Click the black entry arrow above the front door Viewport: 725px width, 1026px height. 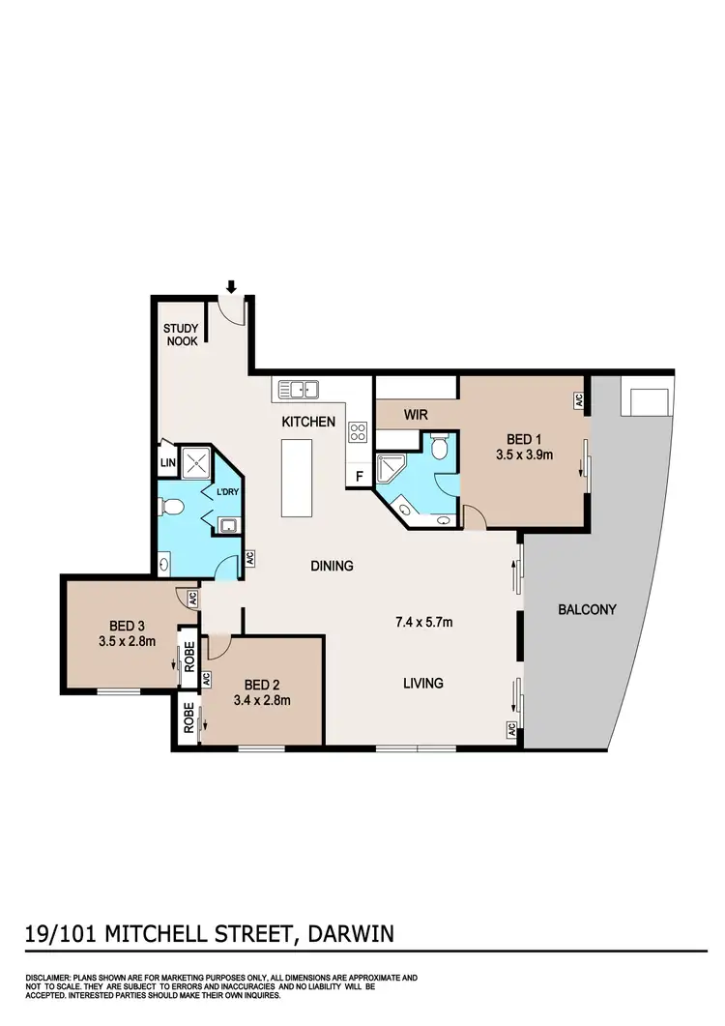coord(231,286)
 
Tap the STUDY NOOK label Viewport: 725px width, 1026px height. coord(181,335)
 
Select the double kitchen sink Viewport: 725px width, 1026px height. coord(300,390)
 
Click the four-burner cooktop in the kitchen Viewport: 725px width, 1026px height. coord(357,431)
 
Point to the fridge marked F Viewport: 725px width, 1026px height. coord(359,476)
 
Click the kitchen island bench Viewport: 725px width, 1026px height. coord(298,479)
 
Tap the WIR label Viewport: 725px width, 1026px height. coord(416,414)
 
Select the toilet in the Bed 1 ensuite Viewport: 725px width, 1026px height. coord(439,448)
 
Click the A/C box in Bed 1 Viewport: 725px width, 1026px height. coord(577,398)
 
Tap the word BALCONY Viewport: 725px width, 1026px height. coord(587,610)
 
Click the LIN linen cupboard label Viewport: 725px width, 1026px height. coord(166,463)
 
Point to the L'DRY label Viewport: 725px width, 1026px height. coord(228,492)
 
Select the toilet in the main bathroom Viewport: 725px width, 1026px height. coord(171,506)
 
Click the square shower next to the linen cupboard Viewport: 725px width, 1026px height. coord(202,462)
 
